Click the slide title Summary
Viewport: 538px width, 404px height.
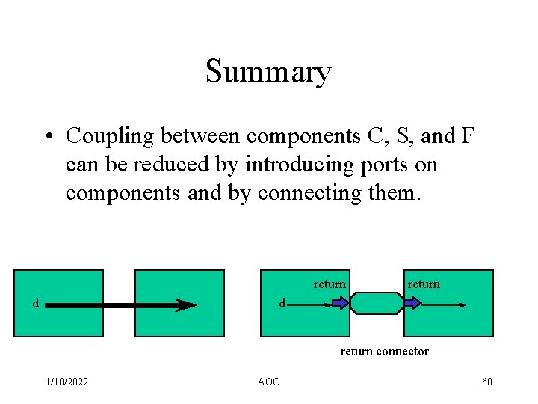268,72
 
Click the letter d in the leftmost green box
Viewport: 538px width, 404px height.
35,303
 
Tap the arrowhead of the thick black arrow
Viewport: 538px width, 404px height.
185,305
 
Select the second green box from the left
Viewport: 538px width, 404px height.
179,303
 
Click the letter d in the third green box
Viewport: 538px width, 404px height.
282,303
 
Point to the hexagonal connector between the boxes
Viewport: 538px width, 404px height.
377,303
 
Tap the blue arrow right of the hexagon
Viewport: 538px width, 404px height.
411,303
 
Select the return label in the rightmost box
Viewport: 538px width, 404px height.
424,284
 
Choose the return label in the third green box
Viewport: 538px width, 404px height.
330,284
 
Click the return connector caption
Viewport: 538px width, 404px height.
384,351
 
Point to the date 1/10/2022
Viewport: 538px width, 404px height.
67,382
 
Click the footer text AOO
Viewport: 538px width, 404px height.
268,382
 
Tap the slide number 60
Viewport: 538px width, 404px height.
487,382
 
